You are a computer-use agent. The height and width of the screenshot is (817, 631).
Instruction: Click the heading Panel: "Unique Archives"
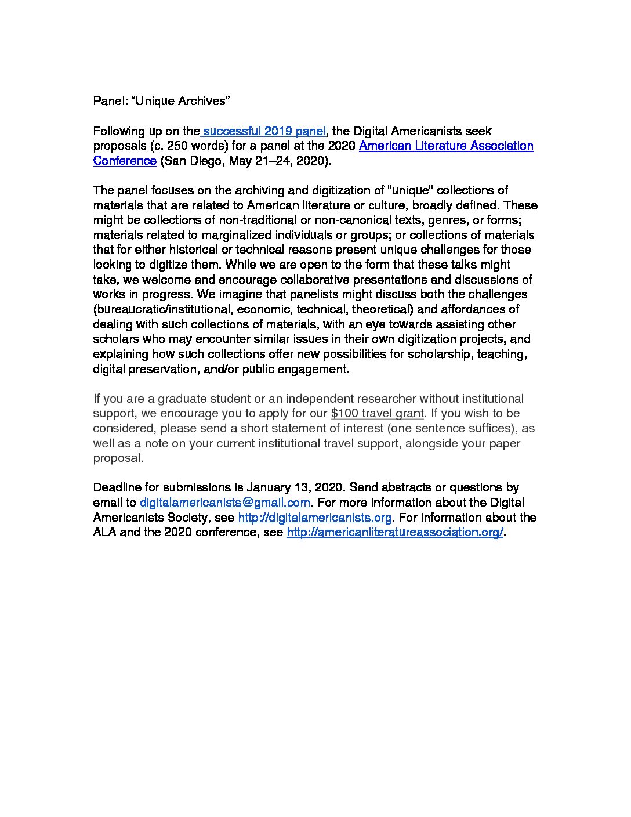pos(162,101)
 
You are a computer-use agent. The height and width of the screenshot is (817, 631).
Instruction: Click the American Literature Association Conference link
pos(445,146)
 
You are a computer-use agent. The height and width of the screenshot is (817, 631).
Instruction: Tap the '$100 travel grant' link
pos(378,413)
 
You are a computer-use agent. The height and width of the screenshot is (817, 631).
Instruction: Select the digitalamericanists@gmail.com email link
pos(225,503)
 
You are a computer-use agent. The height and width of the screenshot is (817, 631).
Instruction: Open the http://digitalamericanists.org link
pos(315,517)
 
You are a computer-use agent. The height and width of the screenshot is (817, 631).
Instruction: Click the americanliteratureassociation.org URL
pos(395,532)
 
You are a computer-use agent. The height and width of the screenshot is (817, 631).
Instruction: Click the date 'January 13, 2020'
pos(295,487)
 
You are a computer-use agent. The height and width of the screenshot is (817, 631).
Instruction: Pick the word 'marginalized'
pos(276,235)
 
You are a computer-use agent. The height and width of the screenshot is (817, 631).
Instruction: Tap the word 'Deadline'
pos(118,487)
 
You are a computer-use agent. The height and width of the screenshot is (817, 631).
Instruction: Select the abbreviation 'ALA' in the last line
pos(104,532)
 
